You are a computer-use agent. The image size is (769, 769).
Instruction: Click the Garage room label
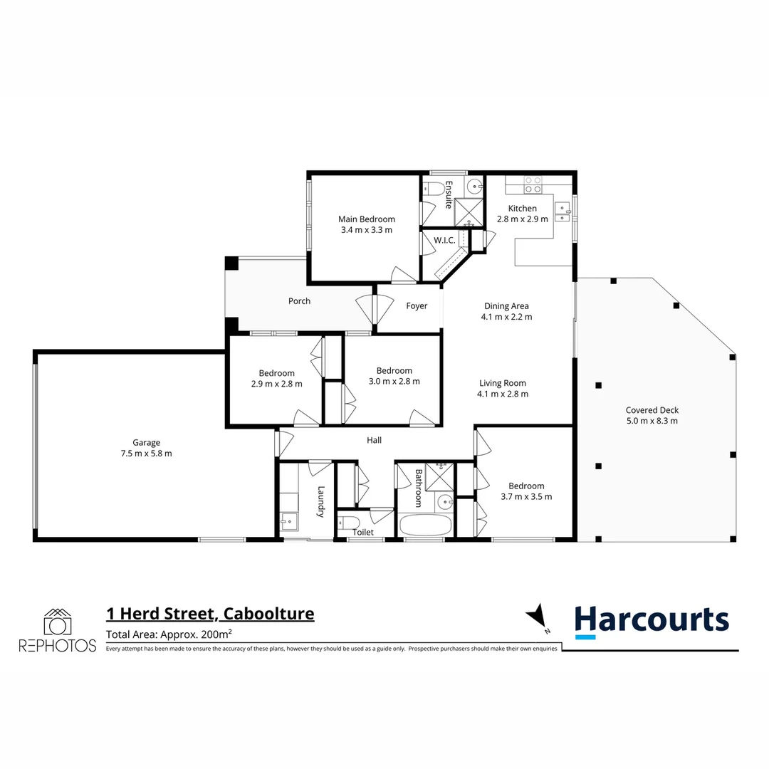tap(146, 442)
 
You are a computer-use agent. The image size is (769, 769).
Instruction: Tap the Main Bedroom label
tap(367, 219)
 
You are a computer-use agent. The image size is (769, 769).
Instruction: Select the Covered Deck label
tap(652, 410)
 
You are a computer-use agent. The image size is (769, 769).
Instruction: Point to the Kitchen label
tap(522, 209)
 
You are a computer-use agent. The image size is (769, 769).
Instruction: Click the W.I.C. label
tap(445, 241)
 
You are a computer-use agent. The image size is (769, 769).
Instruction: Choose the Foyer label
tap(417, 306)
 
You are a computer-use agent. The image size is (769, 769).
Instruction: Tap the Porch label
tap(299, 301)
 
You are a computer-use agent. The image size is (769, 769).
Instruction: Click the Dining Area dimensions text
tap(506, 317)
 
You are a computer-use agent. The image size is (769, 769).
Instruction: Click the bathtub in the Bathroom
tap(425, 526)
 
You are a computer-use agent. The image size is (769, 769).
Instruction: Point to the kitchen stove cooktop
tap(533, 184)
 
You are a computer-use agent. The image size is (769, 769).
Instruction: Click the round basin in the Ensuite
tap(475, 187)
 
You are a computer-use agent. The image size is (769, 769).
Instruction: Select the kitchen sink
tap(563, 211)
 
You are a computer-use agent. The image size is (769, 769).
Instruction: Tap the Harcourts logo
tap(652, 620)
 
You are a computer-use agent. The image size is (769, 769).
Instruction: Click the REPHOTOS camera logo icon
tap(57, 622)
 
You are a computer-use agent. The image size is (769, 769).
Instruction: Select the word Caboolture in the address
tap(268, 614)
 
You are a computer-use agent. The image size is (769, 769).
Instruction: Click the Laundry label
tap(322, 501)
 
